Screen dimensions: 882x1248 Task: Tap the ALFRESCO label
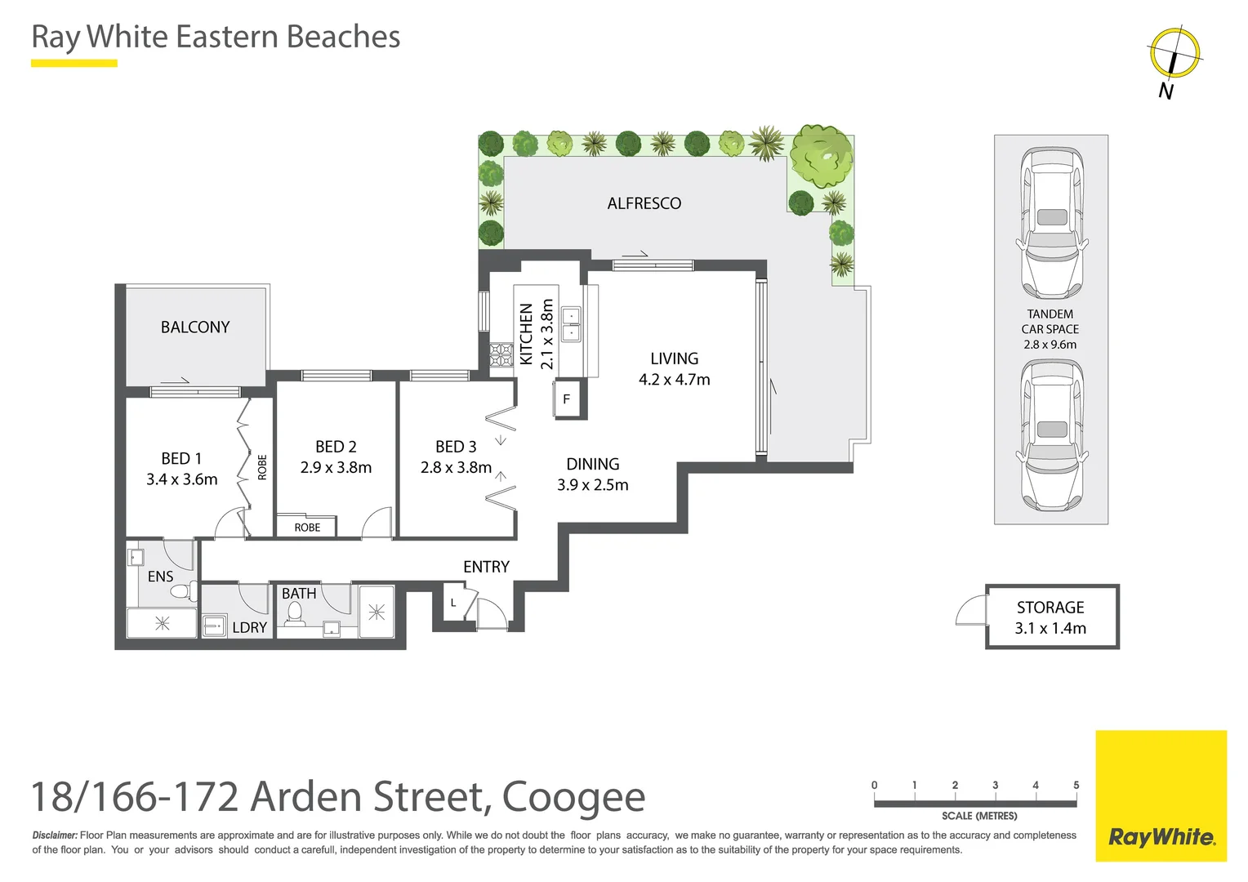point(644,203)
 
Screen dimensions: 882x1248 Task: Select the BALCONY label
point(195,327)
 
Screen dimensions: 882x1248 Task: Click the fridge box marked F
point(567,399)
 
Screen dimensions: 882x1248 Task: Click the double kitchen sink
point(571,324)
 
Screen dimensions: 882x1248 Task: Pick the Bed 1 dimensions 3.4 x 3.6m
point(181,479)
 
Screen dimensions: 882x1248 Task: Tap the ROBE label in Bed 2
point(307,528)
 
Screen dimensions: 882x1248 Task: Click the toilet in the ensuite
point(183,590)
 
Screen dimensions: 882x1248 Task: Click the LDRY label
point(249,627)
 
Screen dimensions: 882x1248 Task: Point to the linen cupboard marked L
point(453,604)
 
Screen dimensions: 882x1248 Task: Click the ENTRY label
point(486,567)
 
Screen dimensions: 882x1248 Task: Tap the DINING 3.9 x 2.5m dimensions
point(593,485)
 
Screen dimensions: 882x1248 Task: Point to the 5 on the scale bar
point(1076,785)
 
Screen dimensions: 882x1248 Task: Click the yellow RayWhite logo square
point(1161,796)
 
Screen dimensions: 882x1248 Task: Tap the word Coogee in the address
point(573,797)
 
